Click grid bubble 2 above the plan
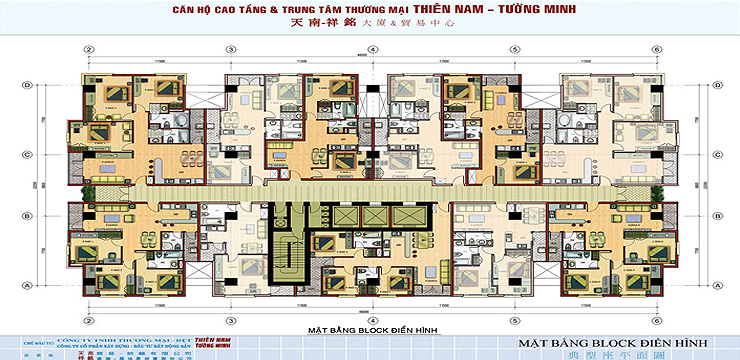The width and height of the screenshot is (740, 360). (89, 49)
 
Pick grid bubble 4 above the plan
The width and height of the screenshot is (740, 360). (371, 49)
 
